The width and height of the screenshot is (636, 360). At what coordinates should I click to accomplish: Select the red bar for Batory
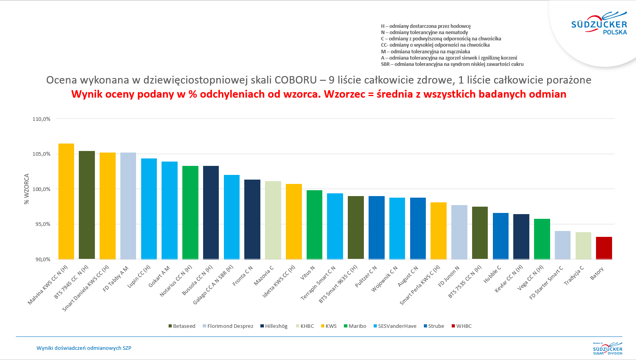[604, 248]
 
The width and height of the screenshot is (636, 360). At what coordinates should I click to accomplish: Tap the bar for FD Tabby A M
[128, 206]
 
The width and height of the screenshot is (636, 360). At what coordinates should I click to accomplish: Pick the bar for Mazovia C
[273, 220]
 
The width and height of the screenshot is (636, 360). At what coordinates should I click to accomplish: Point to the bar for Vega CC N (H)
[542, 239]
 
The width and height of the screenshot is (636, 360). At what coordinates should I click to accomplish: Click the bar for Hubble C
[500, 236]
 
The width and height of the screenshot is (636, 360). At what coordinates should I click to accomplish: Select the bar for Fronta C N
[252, 219]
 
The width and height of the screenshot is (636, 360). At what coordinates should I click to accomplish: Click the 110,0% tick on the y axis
[42, 119]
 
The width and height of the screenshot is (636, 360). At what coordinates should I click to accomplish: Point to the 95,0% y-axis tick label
[42, 224]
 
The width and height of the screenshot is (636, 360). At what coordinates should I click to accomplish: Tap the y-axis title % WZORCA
[27, 189]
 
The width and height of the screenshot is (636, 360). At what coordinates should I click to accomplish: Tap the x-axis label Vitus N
[307, 273]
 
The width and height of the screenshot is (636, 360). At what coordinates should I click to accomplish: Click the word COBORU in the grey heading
[295, 80]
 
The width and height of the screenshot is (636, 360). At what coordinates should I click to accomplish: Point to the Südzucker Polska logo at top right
[599, 25]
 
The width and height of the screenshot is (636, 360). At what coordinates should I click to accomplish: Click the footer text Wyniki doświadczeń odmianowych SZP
[84, 348]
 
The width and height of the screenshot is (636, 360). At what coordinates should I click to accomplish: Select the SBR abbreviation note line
[452, 64]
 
